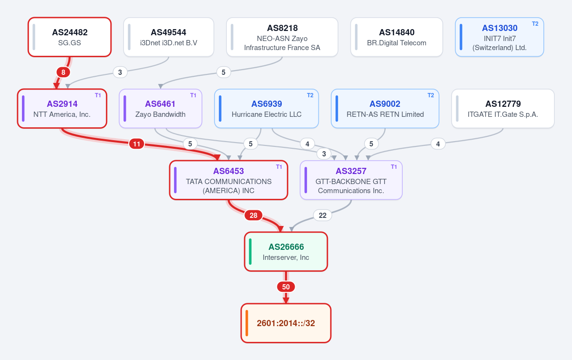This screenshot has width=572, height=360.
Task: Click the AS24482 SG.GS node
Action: coord(70,37)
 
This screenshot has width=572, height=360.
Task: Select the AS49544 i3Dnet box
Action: coord(169,37)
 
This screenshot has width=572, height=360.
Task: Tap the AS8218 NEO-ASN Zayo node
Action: coord(282,37)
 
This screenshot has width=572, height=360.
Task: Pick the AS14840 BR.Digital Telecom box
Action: coord(397,37)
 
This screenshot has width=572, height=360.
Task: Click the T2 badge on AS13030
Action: coord(535,24)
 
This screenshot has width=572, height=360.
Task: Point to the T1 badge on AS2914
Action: coord(98,95)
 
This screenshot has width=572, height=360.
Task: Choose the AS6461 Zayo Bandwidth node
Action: coord(160,109)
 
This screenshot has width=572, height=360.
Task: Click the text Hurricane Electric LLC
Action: coord(266,114)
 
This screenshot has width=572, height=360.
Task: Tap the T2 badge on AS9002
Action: coord(430,95)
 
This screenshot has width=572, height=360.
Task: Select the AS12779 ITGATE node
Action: coord(503,109)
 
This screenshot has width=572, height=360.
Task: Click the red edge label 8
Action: coord(63,72)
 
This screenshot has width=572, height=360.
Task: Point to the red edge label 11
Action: coord(137,144)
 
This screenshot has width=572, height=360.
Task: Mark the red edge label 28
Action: coord(253,216)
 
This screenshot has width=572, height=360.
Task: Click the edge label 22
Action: coord(323,216)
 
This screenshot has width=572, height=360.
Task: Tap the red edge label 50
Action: coord(286,287)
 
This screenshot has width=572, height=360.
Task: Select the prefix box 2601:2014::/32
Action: coord(286,323)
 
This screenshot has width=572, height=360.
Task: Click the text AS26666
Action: coord(286,247)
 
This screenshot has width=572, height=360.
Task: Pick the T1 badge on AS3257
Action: coord(394,167)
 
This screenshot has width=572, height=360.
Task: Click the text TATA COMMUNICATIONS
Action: coord(228,181)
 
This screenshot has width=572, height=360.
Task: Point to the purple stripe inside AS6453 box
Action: coord(175,180)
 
